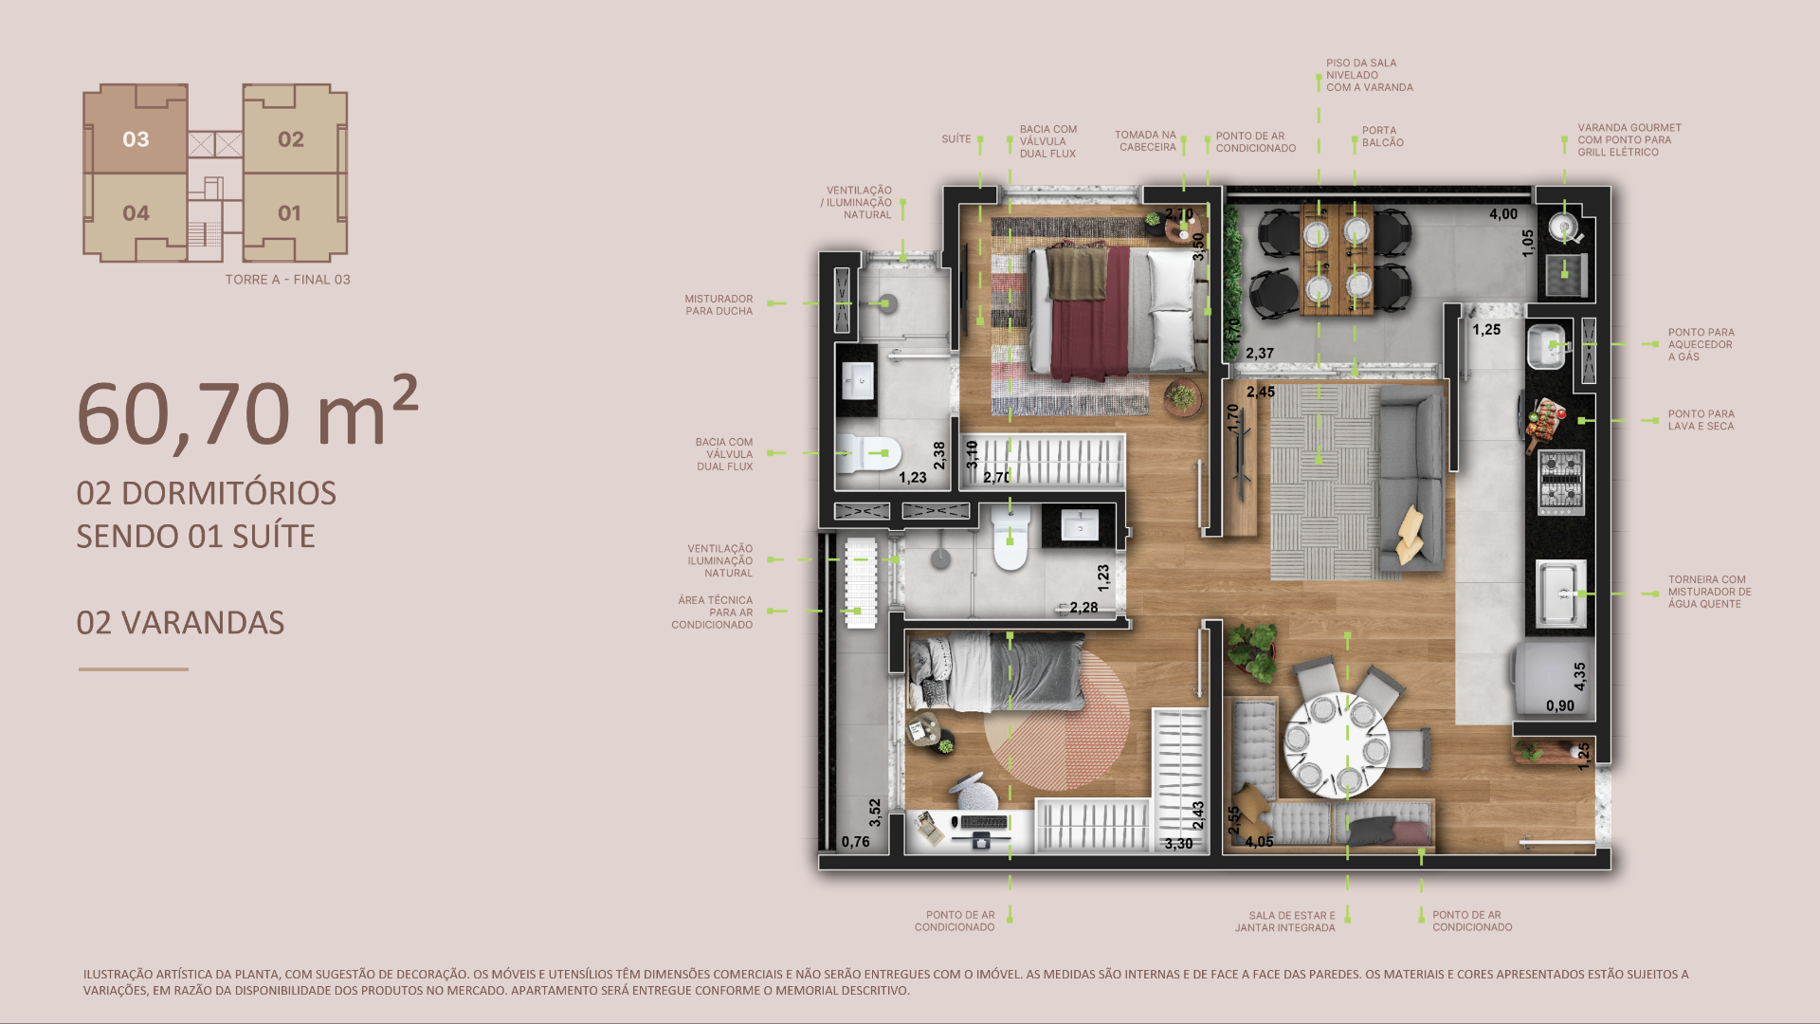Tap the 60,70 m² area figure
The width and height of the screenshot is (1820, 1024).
click(x=247, y=413)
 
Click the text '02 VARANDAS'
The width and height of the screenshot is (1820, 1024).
click(x=180, y=623)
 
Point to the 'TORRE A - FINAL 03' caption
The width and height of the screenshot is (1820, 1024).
click(x=288, y=280)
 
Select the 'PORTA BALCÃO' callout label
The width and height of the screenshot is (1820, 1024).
click(x=1383, y=137)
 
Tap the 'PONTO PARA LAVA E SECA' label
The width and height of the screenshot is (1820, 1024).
click(x=1702, y=420)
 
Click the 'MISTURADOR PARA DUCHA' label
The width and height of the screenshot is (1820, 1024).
click(x=719, y=304)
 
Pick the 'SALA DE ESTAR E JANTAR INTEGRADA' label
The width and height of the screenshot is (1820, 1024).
click(x=1284, y=922)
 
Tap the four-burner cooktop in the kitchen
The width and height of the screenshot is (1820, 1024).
click(x=1560, y=482)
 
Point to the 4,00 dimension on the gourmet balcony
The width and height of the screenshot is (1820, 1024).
click(x=1502, y=214)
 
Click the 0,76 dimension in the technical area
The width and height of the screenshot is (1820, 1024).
click(x=855, y=842)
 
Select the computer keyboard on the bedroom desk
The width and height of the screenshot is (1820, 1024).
click(x=984, y=822)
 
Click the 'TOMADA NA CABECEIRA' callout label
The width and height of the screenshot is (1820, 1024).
click(x=1145, y=141)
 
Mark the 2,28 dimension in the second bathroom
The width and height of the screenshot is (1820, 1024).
click(x=1083, y=608)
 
